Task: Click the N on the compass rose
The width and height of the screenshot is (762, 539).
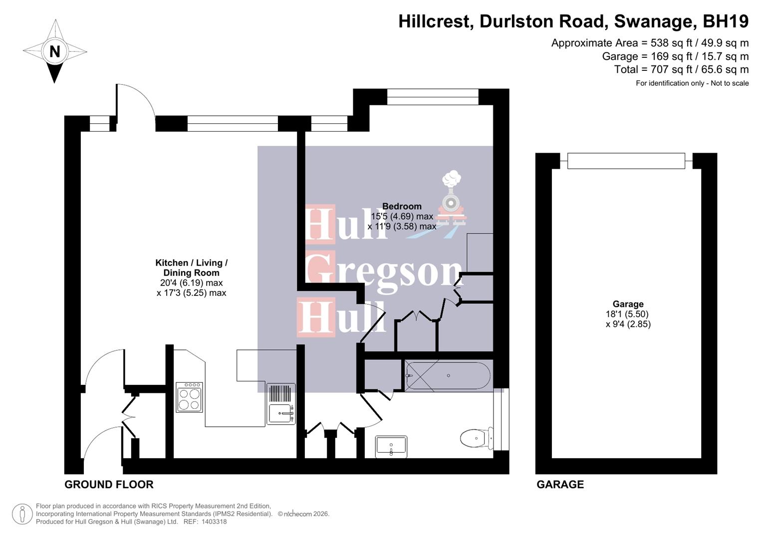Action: click(54, 51)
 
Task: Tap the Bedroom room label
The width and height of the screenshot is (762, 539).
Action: click(402, 206)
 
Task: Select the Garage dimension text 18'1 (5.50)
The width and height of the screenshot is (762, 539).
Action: click(627, 314)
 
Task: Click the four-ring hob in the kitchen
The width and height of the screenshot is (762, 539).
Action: click(190, 397)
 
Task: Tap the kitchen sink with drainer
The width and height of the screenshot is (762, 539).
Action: click(281, 404)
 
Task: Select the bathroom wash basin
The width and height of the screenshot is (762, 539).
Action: click(391, 446)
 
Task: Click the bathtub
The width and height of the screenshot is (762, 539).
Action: click(448, 376)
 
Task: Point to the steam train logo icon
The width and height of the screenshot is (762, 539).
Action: click(452, 200)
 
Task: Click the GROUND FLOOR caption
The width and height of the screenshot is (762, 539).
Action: click(109, 485)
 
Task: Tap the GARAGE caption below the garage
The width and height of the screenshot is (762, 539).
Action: click(560, 485)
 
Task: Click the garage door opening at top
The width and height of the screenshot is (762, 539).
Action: click(626, 161)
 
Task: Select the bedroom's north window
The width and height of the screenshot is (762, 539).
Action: click(432, 97)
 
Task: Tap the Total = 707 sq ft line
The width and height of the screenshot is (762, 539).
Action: click(681, 69)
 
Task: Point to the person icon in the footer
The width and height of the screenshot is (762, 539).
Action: click(22, 514)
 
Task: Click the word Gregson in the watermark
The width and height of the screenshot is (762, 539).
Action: click(384, 273)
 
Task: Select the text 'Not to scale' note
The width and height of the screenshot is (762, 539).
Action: click(730, 83)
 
